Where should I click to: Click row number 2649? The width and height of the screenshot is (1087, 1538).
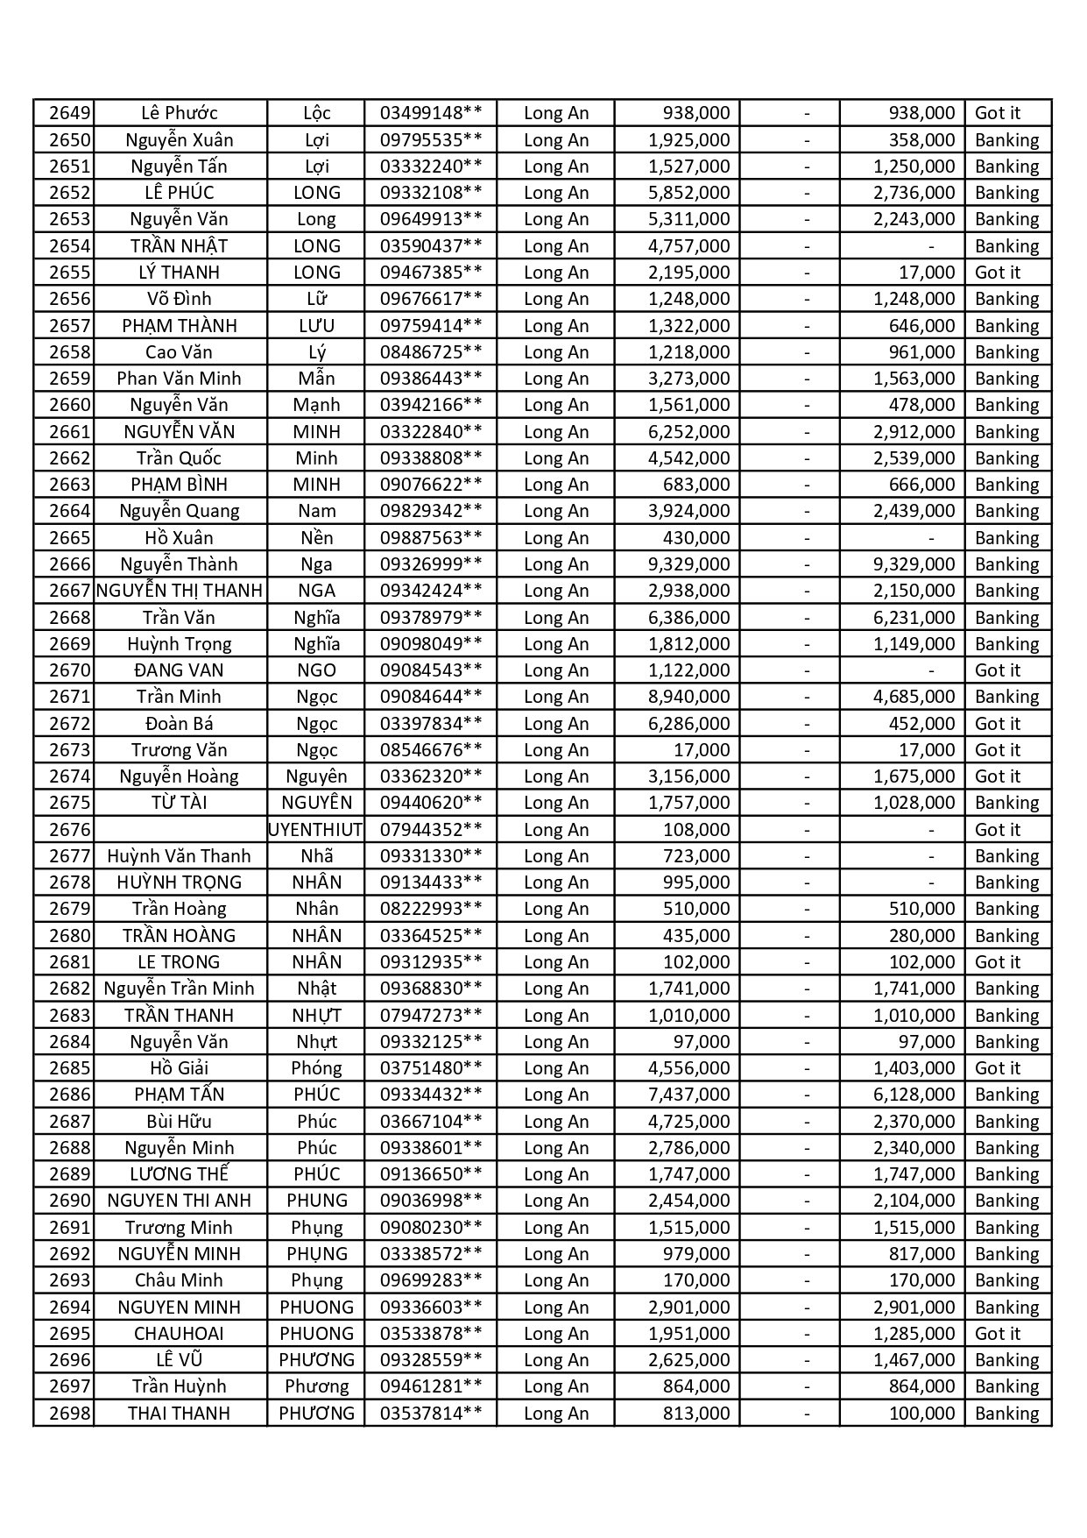click(69, 113)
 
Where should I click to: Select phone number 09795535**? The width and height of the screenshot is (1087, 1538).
click(430, 140)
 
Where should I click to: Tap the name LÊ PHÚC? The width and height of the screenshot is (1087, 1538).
click(179, 193)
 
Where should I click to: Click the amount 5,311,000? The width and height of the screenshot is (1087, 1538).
click(688, 219)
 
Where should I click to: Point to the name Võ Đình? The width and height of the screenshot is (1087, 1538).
click(179, 299)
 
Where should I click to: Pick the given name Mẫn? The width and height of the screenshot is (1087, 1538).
click(316, 379)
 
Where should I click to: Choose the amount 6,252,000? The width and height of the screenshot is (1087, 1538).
click(688, 432)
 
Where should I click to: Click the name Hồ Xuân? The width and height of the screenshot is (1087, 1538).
click(179, 538)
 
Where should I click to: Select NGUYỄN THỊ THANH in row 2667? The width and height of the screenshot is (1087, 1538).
click(180, 591)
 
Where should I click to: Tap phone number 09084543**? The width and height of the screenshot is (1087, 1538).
click(430, 670)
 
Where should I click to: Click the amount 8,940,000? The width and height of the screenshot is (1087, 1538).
click(688, 697)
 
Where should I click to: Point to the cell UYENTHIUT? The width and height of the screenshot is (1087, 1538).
click(315, 830)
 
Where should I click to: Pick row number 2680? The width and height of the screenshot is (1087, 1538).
click(69, 936)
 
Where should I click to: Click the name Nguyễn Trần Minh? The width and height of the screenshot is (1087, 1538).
click(179, 989)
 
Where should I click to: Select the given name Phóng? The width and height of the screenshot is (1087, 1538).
click(316, 1068)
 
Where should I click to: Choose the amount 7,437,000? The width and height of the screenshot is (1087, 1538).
click(688, 1095)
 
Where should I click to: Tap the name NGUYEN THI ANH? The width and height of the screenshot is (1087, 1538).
click(179, 1201)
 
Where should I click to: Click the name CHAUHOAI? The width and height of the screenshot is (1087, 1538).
click(179, 1334)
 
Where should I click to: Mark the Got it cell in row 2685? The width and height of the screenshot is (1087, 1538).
click(998, 1068)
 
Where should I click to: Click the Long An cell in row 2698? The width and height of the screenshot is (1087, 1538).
click(556, 1414)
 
